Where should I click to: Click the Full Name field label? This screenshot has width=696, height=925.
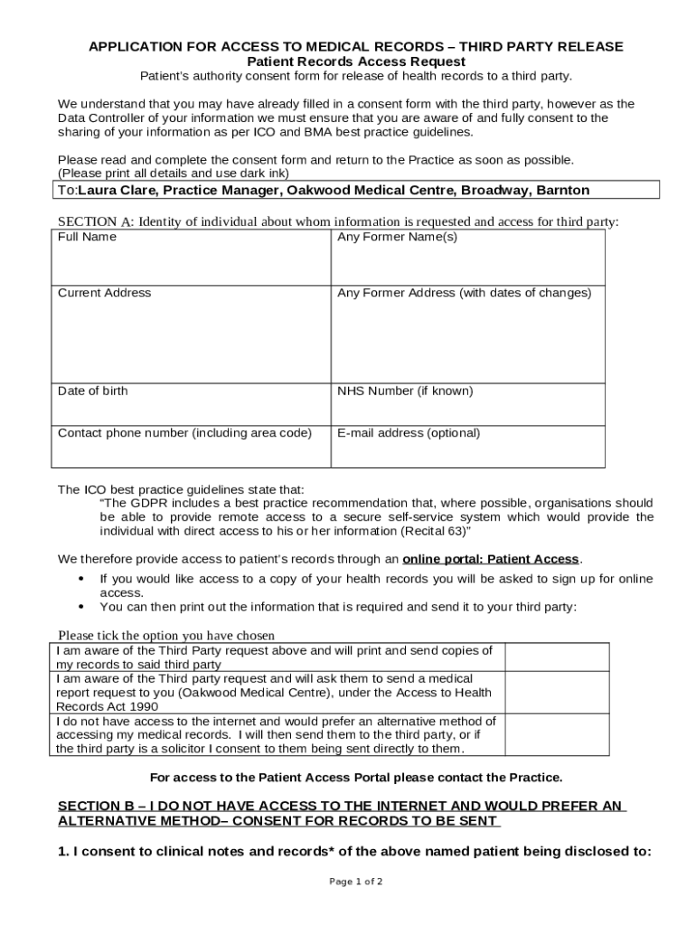click(87, 237)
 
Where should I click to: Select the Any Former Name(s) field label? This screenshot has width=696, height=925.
click(397, 237)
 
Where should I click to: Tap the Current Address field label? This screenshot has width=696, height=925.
click(104, 293)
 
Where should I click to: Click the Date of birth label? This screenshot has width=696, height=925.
click(92, 391)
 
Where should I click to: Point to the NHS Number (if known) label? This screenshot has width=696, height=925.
click(404, 391)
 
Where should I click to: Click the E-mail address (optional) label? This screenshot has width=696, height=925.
click(409, 433)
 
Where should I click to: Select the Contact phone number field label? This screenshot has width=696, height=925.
click(184, 433)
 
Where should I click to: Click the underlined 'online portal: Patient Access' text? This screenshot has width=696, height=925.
click(490, 559)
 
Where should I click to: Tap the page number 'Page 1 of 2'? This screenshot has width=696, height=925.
click(356, 882)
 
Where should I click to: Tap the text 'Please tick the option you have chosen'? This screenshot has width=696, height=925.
click(166, 635)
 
